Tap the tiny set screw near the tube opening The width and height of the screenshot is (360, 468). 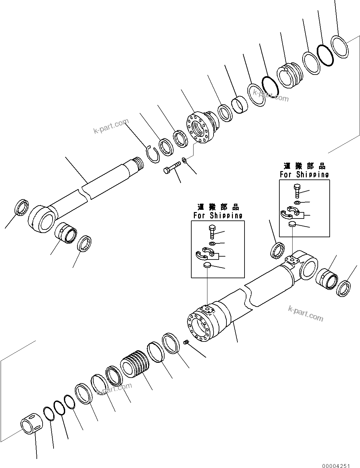186,342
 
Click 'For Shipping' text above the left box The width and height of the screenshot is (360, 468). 218,215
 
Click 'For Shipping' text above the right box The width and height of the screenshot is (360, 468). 304,174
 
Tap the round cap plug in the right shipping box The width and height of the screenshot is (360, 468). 292,224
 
